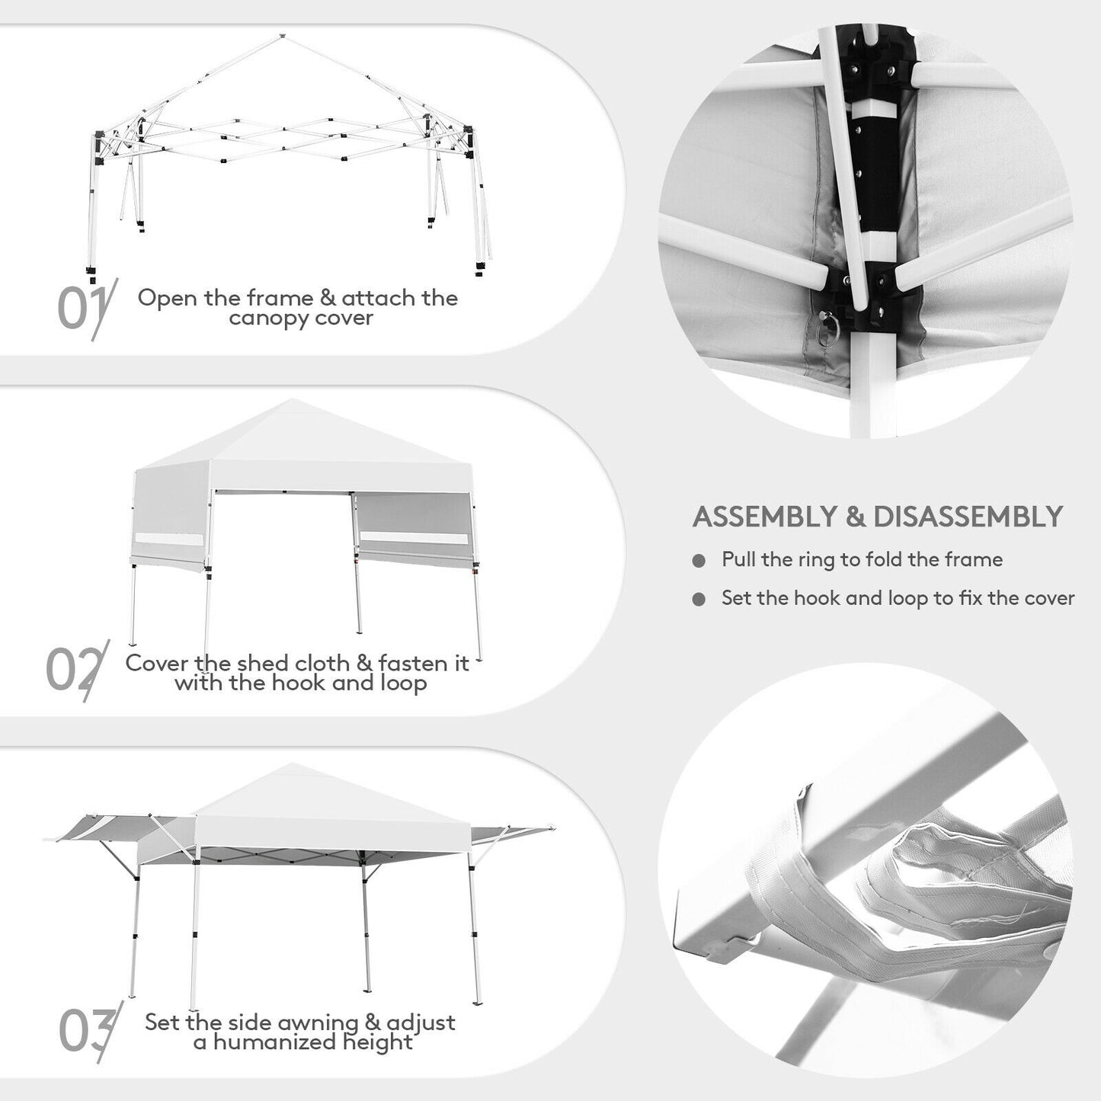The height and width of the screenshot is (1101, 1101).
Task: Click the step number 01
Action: (x=84, y=308)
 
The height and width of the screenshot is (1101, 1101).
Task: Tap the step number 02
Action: (x=75, y=671)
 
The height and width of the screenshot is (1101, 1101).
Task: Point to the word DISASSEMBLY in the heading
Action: (x=967, y=517)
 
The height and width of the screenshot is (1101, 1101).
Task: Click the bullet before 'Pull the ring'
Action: (x=699, y=562)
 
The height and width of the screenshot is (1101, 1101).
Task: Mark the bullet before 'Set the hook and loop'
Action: (x=699, y=600)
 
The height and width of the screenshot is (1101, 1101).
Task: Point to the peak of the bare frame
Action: (x=282, y=36)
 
